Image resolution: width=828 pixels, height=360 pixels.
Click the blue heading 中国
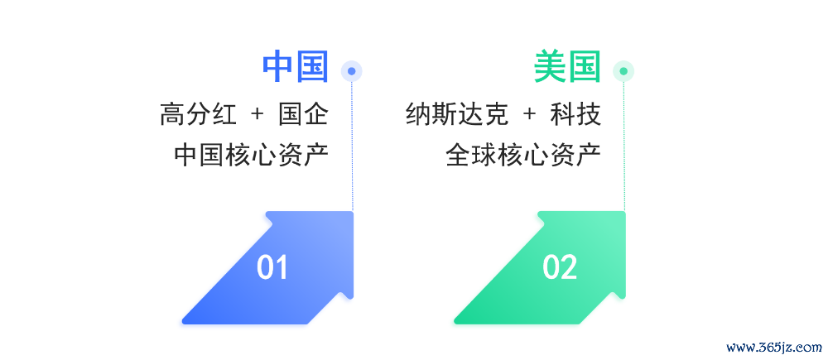296,67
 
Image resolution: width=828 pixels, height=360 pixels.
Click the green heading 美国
567,67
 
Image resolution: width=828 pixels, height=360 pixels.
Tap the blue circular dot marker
352,71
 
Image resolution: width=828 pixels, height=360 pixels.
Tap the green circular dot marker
623,71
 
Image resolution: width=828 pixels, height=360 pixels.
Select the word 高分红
198,114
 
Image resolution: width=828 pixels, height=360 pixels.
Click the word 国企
303,114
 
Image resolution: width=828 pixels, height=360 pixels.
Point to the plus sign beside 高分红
258,114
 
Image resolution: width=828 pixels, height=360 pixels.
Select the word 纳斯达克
457,114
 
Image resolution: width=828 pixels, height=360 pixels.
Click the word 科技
575,114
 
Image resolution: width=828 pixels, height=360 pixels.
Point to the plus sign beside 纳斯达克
530,114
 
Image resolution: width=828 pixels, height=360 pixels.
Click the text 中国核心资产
252,155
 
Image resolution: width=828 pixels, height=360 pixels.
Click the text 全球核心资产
523,155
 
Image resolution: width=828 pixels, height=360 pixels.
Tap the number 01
272,267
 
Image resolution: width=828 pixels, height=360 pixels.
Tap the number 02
560,267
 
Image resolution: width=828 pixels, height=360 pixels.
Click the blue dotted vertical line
352,146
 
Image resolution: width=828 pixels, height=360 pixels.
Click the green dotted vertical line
624,146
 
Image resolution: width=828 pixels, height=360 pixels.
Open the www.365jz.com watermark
774,348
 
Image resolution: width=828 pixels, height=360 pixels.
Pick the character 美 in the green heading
551,67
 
